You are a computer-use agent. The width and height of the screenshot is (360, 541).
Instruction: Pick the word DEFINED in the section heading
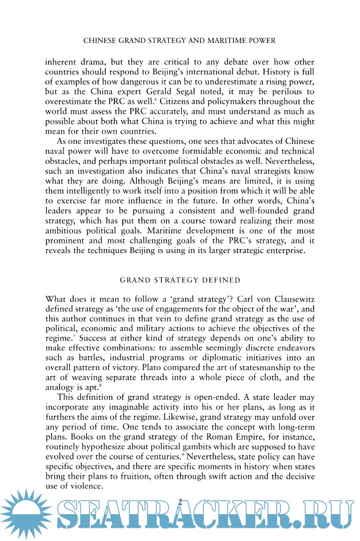218,280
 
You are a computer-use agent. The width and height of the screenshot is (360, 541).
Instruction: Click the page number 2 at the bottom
181,500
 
